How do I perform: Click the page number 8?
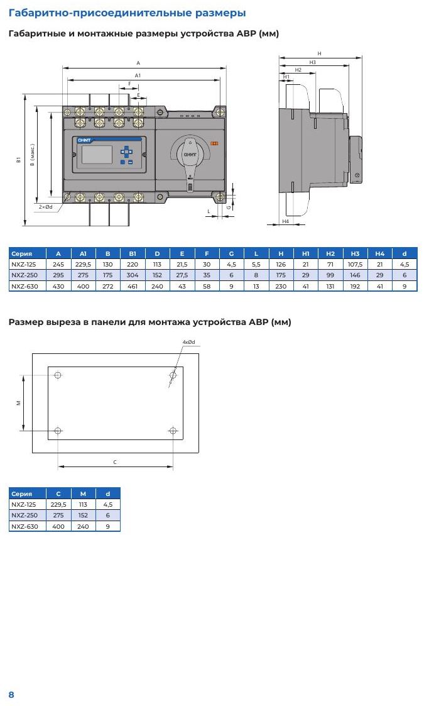tap(11, 694)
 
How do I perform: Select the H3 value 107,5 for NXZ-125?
tap(355, 264)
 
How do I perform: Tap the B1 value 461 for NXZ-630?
tap(132, 286)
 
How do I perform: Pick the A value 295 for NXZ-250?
tap(58, 275)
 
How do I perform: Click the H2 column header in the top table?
tap(330, 253)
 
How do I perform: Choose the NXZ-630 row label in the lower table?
tap(24, 526)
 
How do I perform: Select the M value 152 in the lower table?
tap(83, 515)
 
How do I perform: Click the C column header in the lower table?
tap(58, 494)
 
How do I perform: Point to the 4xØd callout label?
tap(189, 342)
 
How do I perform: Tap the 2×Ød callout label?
tap(45, 207)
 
